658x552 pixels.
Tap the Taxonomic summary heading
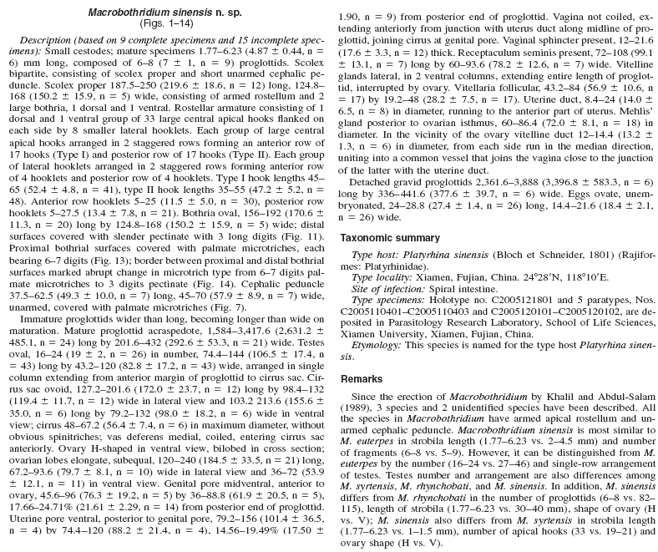click(x=392, y=238)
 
